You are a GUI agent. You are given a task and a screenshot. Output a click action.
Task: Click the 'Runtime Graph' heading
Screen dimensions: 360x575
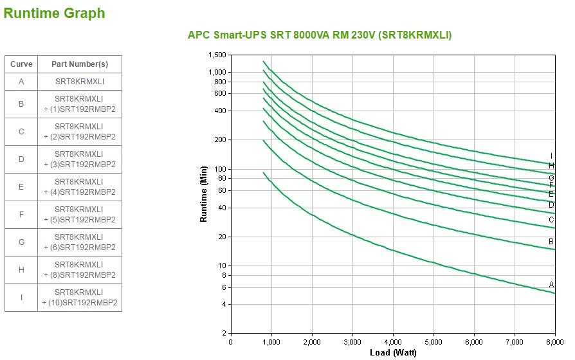pos(54,14)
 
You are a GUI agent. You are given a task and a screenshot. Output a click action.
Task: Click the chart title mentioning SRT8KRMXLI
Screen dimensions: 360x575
pos(320,35)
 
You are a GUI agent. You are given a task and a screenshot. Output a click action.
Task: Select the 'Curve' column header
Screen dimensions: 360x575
pos(21,64)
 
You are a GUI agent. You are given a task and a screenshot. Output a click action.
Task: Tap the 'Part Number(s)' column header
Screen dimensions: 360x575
pos(80,64)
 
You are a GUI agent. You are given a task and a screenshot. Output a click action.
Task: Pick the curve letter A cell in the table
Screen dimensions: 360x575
pos(21,82)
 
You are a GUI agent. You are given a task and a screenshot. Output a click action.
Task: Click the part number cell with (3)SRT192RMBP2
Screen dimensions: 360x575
pos(80,159)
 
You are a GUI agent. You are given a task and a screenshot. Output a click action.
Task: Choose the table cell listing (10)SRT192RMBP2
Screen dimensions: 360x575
pos(80,298)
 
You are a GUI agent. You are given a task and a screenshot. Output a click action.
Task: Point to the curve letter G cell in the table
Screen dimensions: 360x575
pos(21,242)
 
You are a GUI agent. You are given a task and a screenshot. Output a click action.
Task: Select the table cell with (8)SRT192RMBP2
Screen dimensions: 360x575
pos(80,270)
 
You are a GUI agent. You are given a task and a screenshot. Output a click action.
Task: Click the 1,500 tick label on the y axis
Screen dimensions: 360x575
pos(217,55)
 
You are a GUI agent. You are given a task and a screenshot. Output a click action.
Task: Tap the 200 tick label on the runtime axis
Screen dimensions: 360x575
pos(220,140)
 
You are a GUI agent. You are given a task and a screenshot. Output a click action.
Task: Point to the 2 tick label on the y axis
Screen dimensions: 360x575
pos(224,334)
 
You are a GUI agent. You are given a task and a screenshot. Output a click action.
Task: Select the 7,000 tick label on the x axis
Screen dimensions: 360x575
pos(514,342)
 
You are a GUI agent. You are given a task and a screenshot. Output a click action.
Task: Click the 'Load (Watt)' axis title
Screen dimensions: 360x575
pos(393,352)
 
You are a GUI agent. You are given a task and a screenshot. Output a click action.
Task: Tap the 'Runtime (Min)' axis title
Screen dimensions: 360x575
pos(204,194)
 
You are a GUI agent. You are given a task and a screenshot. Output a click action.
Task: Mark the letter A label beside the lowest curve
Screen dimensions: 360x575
pos(551,285)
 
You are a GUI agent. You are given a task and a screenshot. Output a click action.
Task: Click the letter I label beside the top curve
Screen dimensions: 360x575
pos(551,156)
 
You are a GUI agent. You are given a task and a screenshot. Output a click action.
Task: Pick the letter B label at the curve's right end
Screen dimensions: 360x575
pos(551,242)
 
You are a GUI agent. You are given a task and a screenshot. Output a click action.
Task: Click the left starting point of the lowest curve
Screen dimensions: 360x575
pos(264,172)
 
